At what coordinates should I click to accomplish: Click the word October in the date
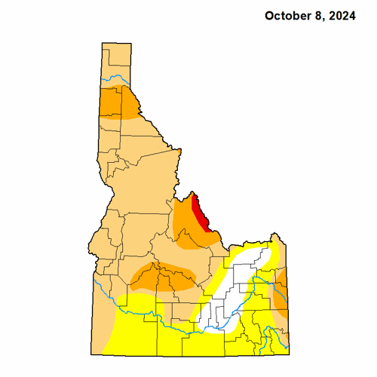coord(287,15)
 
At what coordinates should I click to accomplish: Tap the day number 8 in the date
coord(318,15)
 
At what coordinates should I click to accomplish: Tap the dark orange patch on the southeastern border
coord(280,298)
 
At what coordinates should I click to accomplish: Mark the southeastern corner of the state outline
coord(289,352)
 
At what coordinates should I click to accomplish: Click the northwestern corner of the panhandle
coord(102,44)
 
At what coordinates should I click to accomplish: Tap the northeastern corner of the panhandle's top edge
coord(131,44)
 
